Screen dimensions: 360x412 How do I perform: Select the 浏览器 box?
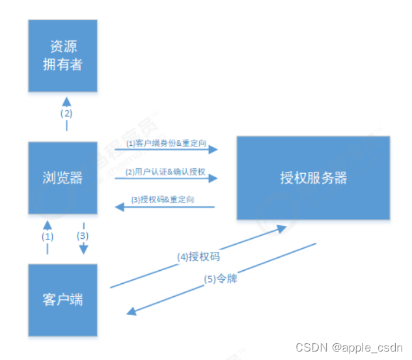[x=62, y=177]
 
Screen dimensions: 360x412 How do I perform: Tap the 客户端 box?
[x=62, y=300]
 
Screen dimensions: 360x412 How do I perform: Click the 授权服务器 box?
[x=313, y=178]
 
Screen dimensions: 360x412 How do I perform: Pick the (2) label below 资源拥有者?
[x=66, y=113]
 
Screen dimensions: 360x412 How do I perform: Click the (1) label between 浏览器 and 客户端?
[x=48, y=237]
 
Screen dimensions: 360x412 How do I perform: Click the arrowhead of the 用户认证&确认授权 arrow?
[x=213, y=178]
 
